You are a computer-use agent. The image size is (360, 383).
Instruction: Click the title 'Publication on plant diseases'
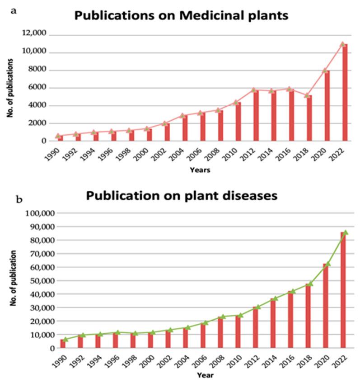(x=181, y=197)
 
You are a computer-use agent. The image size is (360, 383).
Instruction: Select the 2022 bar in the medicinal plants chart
(x=345, y=92)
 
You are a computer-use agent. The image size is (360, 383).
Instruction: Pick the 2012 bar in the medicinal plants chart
(x=255, y=115)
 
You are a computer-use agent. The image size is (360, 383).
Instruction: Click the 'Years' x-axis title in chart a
(x=200, y=170)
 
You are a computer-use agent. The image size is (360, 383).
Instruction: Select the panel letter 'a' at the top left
(x=14, y=10)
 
